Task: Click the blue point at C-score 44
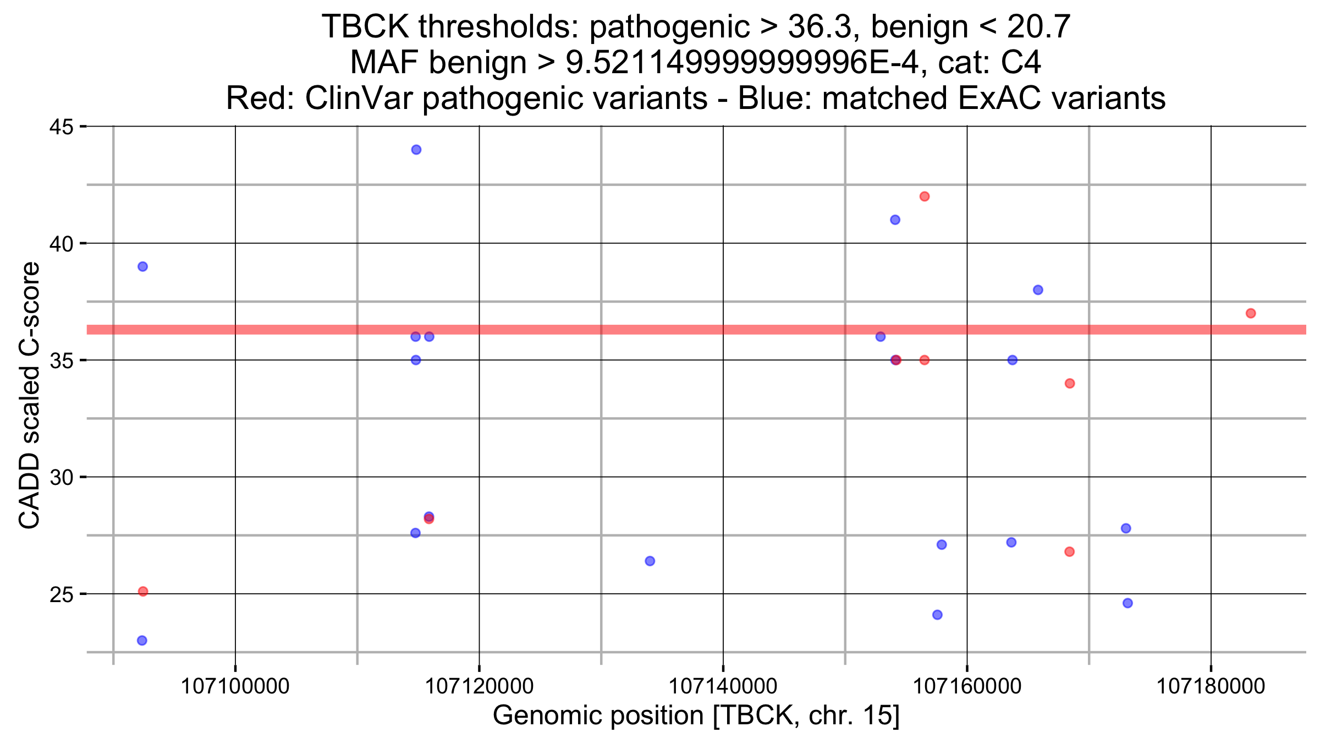click(416, 150)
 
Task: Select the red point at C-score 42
click(925, 196)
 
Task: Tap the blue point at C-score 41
click(895, 220)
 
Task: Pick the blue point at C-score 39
click(142, 267)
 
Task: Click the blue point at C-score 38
click(1038, 290)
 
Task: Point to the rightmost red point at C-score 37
click(1251, 314)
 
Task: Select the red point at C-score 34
click(1070, 384)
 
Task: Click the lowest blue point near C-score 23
click(142, 641)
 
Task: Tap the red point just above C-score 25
click(143, 592)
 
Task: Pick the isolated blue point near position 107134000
click(650, 561)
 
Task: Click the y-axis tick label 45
click(61, 127)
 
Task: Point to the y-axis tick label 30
click(61, 477)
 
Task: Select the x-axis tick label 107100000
click(235, 686)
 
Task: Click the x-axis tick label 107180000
click(1211, 686)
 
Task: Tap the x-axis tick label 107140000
click(723, 686)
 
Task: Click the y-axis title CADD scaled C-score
click(29, 395)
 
